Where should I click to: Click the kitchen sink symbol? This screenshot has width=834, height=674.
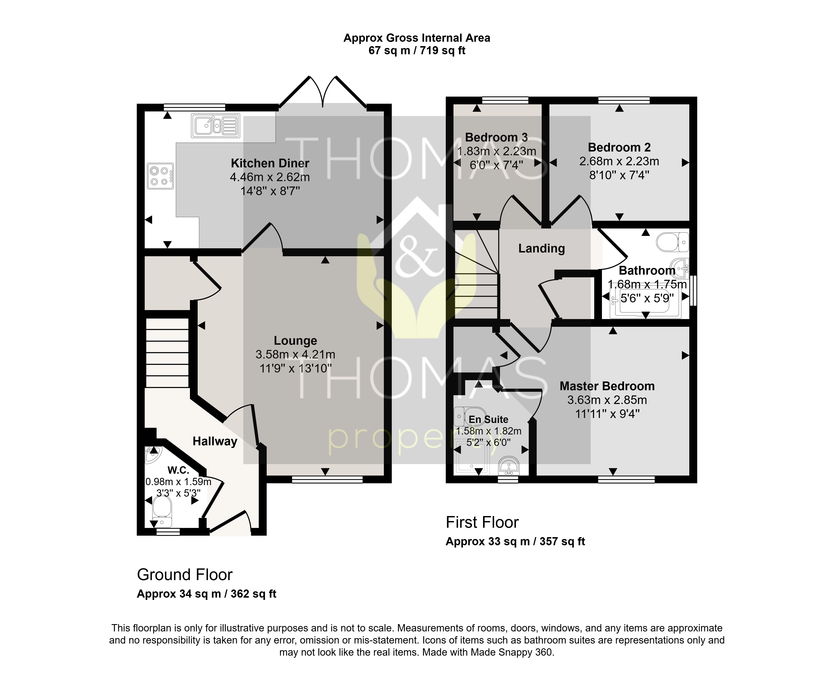(x=215, y=126)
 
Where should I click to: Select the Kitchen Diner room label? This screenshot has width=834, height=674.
(x=270, y=163)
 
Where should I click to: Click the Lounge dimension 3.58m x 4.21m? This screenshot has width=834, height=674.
(x=295, y=355)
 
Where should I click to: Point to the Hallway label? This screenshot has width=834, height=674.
(x=215, y=442)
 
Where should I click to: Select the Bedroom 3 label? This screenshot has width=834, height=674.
(x=496, y=138)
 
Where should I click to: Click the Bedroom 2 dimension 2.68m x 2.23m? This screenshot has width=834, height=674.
(x=619, y=161)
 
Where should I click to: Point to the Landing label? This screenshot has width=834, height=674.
(x=541, y=249)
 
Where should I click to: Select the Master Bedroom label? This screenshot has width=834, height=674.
(x=607, y=386)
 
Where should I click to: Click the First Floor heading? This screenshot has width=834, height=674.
(x=482, y=523)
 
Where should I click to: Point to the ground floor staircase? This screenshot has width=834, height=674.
(x=167, y=353)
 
